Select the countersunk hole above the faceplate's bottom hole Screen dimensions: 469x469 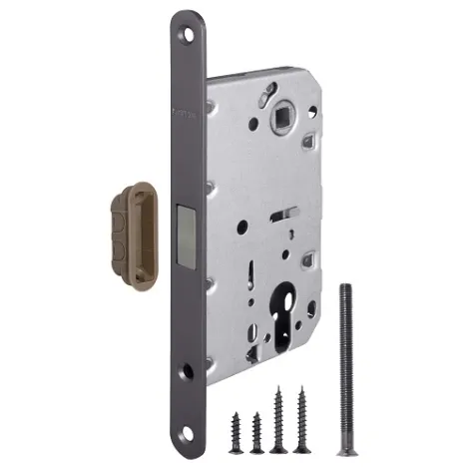(189, 372)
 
